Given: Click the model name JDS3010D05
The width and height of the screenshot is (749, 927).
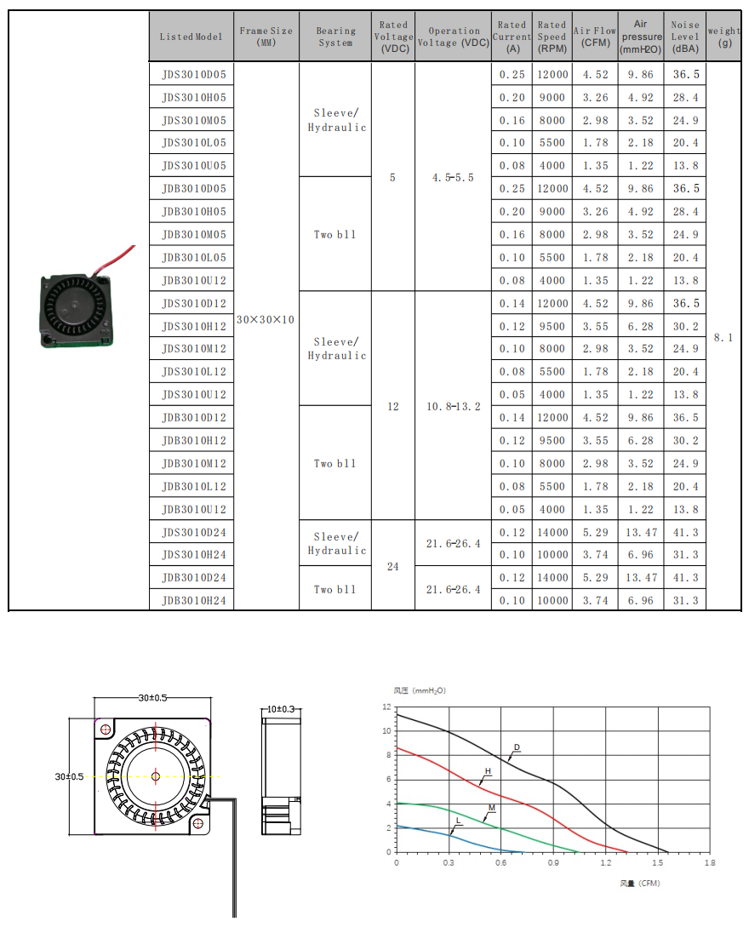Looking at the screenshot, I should pyautogui.click(x=193, y=75).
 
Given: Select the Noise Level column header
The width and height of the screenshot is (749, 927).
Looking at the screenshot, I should pyautogui.click(x=685, y=37).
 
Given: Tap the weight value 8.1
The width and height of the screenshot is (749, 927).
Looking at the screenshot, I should pyautogui.click(x=723, y=338).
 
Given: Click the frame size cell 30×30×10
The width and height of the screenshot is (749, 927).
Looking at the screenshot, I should pyautogui.click(x=266, y=319).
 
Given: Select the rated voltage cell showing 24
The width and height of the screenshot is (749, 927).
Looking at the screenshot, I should pyautogui.click(x=392, y=566).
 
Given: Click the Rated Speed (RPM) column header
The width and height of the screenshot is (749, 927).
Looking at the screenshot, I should pyautogui.click(x=552, y=37).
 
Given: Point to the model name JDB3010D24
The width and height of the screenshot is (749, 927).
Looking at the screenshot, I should pyautogui.click(x=193, y=578).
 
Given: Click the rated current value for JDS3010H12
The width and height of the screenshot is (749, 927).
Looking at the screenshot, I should pyautogui.click(x=512, y=326).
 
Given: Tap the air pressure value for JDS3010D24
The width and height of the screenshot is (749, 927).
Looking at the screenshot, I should pyautogui.click(x=641, y=532).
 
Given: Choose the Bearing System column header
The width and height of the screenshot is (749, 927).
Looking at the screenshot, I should pyautogui.click(x=335, y=37).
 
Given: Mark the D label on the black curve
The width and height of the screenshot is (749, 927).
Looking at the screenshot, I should pyautogui.click(x=516, y=748).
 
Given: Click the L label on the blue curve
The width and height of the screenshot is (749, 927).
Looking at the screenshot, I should pyautogui.click(x=458, y=821).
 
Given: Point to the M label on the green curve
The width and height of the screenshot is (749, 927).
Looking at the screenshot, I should pyautogui.click(x=491, y=807).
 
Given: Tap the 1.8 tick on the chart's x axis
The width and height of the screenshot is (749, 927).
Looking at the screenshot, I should pyautogui.click(x=710, y=862).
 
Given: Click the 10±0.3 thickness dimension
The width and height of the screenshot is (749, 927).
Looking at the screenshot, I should pyautogui.click(x=280, y=709).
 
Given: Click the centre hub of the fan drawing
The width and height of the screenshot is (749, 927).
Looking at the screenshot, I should pyautogui.click(x=156, y=775).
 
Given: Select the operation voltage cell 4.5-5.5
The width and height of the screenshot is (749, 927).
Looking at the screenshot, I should pyautogui.click(x=453, y=178).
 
